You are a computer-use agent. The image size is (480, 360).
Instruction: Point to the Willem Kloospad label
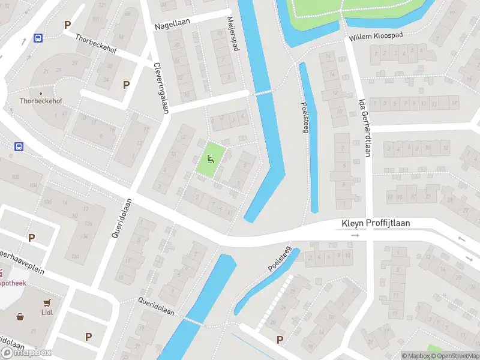[377, 37]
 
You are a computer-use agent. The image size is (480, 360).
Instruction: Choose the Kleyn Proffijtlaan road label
[376, 223]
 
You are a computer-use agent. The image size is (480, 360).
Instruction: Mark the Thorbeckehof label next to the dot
[41, 101]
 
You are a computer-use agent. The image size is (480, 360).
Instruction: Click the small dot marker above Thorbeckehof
[41, 93]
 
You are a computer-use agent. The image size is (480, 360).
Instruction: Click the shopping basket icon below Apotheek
[21, 317]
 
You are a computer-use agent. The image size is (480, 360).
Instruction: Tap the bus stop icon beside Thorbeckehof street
[38, 38]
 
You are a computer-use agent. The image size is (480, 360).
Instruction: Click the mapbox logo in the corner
[26, 352]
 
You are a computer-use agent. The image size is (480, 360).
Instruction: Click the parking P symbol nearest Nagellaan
[127, 85]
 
